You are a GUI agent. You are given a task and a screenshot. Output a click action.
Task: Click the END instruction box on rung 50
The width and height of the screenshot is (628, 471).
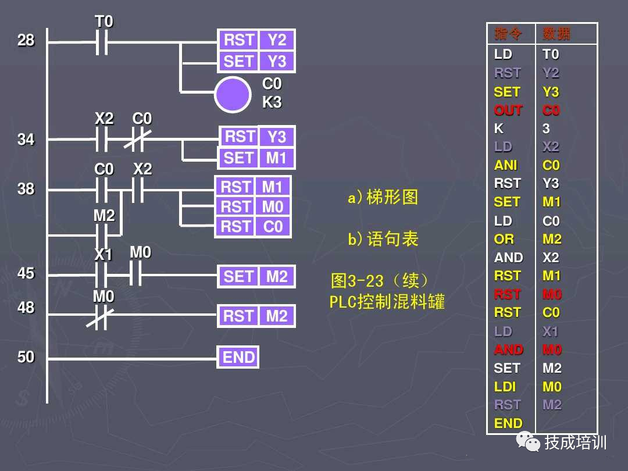pyautogui.click(x=238, y=357)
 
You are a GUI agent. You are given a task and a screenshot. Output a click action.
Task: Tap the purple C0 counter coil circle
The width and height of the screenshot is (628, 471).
pyautogui.click(x=233, y=94)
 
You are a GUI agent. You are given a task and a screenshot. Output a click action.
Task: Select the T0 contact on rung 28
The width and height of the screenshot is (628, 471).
pyautogui.click(x=102, y=42)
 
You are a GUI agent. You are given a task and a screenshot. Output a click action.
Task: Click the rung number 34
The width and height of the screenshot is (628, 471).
pyautogui.click(x=26, y=140)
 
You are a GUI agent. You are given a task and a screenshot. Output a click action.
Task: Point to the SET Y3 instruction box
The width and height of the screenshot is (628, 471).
pyautogui.click(x=256, y=61)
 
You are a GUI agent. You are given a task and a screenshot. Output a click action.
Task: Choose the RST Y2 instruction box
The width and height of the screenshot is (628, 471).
pyautogui.click(x=256, y=40)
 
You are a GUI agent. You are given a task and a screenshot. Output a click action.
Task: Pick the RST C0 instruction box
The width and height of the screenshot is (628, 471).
pyautogui.click(x=253, y=226)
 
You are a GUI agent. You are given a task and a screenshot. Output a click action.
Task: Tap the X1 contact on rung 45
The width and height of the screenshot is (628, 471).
pyautogui.click(x=102, y=274)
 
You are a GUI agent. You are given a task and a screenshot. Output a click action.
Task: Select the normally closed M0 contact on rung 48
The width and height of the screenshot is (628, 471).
pyautogui.click(x=101, y=315)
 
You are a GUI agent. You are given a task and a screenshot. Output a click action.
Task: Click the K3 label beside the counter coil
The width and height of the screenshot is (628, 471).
pyautogui.click(x=272, y=102)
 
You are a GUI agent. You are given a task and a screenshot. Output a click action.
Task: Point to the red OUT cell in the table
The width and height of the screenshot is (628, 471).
pyautogui.click(x=508, y=110)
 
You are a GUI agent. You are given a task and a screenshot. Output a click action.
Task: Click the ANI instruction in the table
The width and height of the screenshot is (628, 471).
pyautogui.click(x=505, y=165)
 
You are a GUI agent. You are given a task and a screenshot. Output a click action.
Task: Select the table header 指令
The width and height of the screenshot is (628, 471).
pyautogui.click(x=508, y=34)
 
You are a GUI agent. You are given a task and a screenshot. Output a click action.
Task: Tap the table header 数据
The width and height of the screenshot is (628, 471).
pyautogui.click(x=556, y=34)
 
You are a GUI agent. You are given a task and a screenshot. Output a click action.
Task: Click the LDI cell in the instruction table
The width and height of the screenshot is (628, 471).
pyautogui.click(x=505, y=387)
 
